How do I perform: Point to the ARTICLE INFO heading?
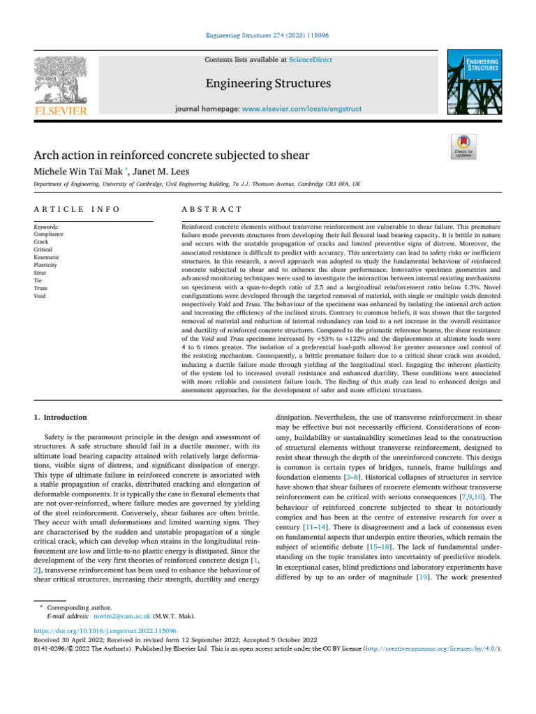[x=77, y=209]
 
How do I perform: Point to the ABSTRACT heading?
[x=211, y=209]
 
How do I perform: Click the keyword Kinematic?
[x=47, y=257]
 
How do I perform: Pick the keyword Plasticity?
[x=46, y=266]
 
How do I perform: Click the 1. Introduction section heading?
[x=61, y=418]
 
